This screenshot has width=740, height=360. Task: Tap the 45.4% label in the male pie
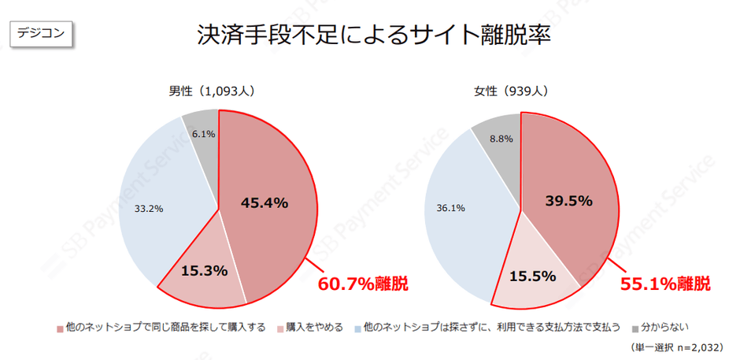click(265, 202)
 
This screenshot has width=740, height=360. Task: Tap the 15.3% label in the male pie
click(204, 270)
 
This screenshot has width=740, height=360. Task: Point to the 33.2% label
click(149, 209)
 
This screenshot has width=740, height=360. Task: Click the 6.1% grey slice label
click(202, 134)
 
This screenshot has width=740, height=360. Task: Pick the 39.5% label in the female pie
click(568, 201)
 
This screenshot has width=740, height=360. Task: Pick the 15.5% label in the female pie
click(532, 276)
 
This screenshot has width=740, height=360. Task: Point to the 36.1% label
click(450, 209)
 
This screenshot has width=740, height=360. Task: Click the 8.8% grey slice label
click(501, 139)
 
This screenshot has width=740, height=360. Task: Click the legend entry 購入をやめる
click(314, 326)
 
